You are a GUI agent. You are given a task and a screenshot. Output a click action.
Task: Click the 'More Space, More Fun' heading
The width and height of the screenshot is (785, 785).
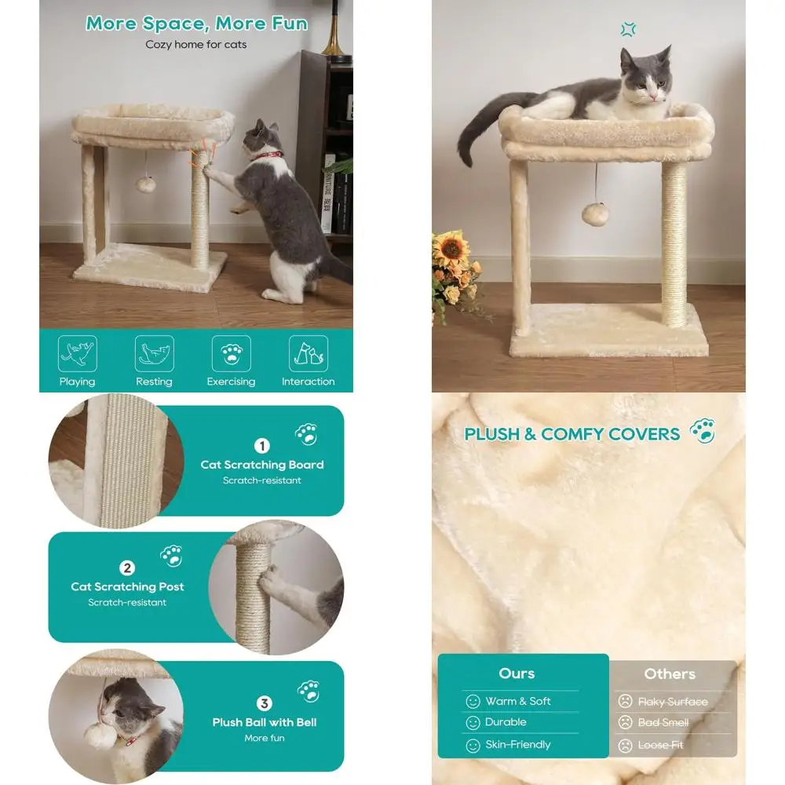tap(196, 23)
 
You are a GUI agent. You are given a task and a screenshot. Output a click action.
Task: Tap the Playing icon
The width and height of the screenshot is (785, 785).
tap(77, 354)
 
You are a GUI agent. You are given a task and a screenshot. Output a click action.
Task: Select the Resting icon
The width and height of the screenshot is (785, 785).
tap(154, 354)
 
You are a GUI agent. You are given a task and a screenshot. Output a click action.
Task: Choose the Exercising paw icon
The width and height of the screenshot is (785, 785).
tap(231, 354)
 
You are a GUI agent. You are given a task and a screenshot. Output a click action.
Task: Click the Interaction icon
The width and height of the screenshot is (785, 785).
tap(308, 354)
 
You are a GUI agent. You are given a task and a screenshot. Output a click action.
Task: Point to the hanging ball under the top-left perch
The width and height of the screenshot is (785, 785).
tap(144, 184)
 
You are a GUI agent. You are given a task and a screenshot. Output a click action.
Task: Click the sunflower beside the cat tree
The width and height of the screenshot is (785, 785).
tap(451, 249)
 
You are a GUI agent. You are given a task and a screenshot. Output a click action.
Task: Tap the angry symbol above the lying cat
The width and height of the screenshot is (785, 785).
tap(627, 31)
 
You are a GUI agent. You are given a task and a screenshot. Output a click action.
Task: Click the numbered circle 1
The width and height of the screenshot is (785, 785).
tap(261, 446)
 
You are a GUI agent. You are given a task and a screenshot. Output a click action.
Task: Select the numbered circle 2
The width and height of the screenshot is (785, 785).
tap(127, 568)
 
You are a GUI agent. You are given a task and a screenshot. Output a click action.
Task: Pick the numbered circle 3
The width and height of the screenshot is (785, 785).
tap(265, 703)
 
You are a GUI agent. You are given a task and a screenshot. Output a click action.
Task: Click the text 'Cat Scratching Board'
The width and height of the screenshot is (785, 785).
tap(261, 465)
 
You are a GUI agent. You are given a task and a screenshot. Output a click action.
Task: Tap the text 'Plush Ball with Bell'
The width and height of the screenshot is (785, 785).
tap(265, 722)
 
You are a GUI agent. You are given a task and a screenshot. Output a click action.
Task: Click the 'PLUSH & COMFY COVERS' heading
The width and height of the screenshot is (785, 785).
tap(572, 434)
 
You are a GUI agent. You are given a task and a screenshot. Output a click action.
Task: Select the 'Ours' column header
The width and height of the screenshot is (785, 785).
tap(517, 674)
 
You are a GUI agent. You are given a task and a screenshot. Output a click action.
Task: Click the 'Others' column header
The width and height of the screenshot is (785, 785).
tap(670, 674)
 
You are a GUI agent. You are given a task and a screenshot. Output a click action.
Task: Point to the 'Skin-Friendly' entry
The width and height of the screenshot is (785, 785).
tap(518, 744)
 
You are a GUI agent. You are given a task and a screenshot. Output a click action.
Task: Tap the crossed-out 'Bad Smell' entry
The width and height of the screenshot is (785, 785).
tap(663, 722)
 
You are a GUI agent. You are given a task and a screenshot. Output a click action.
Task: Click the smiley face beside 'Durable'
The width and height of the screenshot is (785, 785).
tap(473, 722)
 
